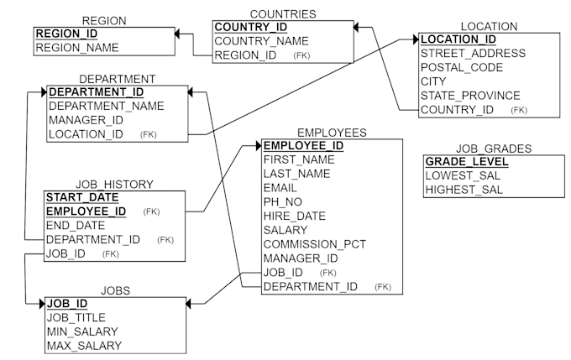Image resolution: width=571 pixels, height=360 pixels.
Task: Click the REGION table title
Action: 104,20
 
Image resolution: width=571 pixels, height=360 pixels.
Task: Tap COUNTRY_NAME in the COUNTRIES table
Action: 261,41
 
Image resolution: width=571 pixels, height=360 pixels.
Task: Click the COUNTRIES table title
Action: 283,13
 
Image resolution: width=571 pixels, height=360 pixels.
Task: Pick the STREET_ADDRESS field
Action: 473,53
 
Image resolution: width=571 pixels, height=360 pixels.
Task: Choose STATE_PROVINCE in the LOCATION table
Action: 470,96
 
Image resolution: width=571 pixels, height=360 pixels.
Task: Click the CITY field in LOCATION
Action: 435,81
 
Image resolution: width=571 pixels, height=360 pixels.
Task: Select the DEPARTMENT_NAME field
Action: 106,106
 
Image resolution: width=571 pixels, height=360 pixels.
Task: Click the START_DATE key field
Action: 81,197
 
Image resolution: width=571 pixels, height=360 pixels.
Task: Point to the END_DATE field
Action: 76,225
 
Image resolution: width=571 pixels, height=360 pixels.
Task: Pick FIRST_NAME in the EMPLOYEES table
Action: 298,159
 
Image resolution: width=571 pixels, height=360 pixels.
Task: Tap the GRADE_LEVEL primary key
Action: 466,162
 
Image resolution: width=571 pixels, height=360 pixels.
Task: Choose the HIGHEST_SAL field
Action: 464,190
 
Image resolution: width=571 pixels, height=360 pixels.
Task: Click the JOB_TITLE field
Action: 77,317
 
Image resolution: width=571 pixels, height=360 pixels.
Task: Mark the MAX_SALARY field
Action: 84,346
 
